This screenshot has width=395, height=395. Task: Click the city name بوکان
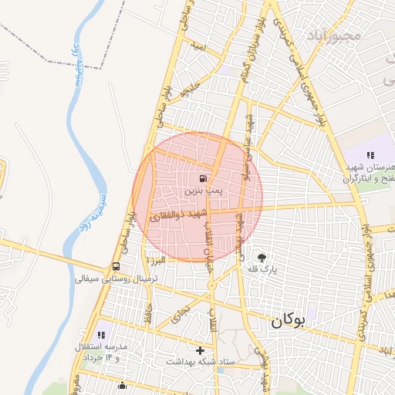click(x=289, y=322)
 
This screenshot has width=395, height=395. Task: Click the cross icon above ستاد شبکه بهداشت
click(x=200, y=350)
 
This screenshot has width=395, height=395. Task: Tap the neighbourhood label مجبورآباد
click(x=334, y=36)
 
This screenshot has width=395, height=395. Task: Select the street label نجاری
click(x=183, y=313)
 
